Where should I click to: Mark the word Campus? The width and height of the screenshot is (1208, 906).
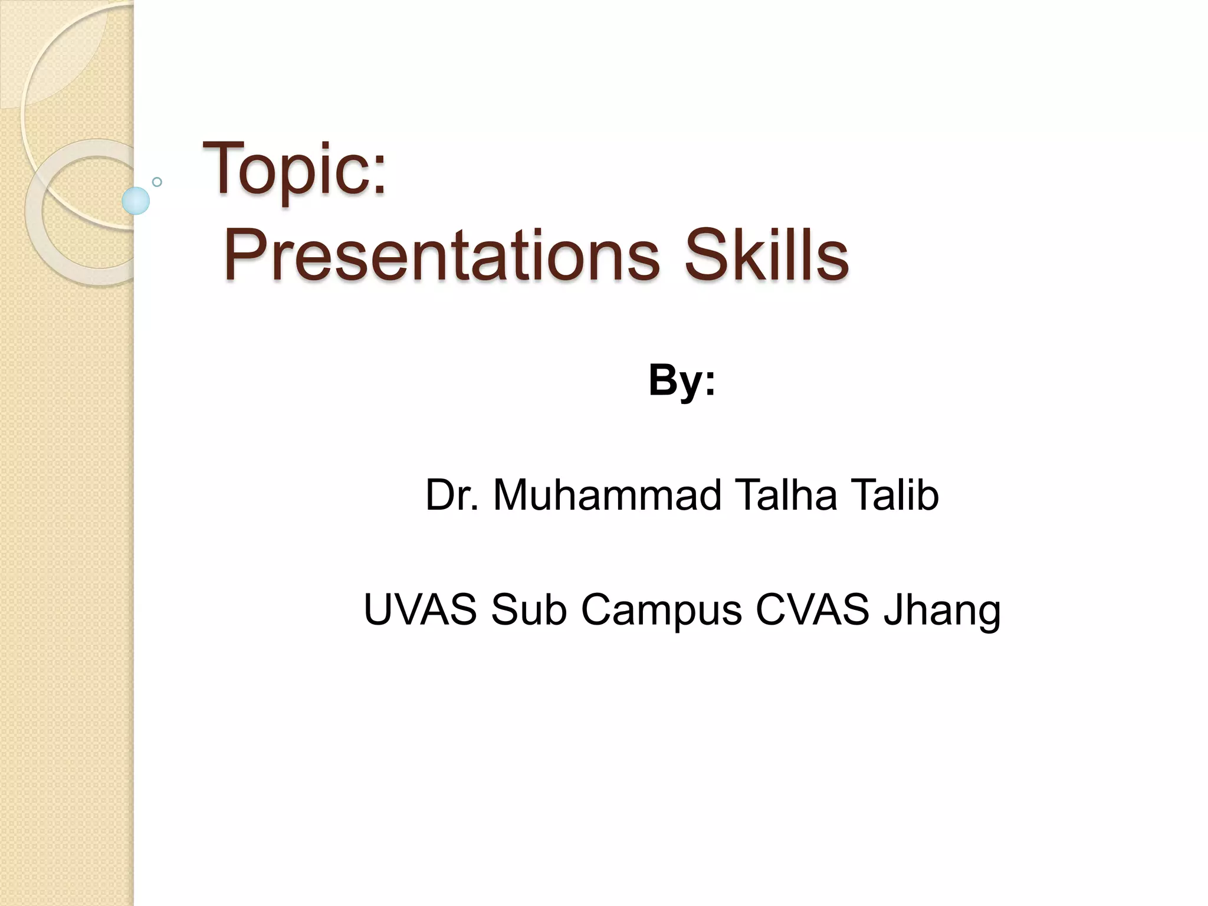click(x=661, y=611)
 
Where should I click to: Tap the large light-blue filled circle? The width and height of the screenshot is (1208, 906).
click(x=136, y=201)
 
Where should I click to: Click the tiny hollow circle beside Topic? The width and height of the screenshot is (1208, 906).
click(x=157, y=182)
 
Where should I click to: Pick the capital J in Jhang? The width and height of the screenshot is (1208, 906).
click(x=893, y=609)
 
